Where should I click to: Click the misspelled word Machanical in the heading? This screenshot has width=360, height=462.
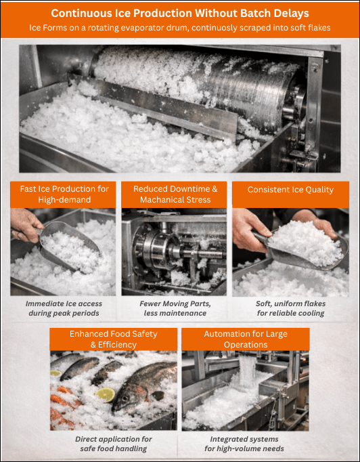click(x=159, y=200)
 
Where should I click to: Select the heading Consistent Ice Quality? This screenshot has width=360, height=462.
click(x=290, y=190)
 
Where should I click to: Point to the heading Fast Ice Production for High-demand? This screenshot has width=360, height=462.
click(x=64, y=194)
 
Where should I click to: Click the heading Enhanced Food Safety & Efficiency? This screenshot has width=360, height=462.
click(x=113, y=339)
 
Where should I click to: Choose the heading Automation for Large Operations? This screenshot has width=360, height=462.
click(x=246, y=339)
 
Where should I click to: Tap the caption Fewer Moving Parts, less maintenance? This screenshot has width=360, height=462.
click(x=175, y=308)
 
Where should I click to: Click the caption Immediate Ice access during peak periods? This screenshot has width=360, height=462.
click(x=64, y=308)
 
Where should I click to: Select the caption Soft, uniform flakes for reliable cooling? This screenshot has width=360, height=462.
click(x=290, y=308)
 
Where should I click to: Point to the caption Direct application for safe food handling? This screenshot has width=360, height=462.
click(x=113, y=444)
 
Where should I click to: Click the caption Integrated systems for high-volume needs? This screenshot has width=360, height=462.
click(x=244, y=444)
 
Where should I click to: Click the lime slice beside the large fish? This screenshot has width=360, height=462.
click(x=106, y=394)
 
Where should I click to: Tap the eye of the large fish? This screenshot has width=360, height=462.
click(x=125, y=398)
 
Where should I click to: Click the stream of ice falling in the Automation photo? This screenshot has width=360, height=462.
click(x=247, y=371)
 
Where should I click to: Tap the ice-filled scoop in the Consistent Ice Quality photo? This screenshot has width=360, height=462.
click(x=303, y=245)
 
